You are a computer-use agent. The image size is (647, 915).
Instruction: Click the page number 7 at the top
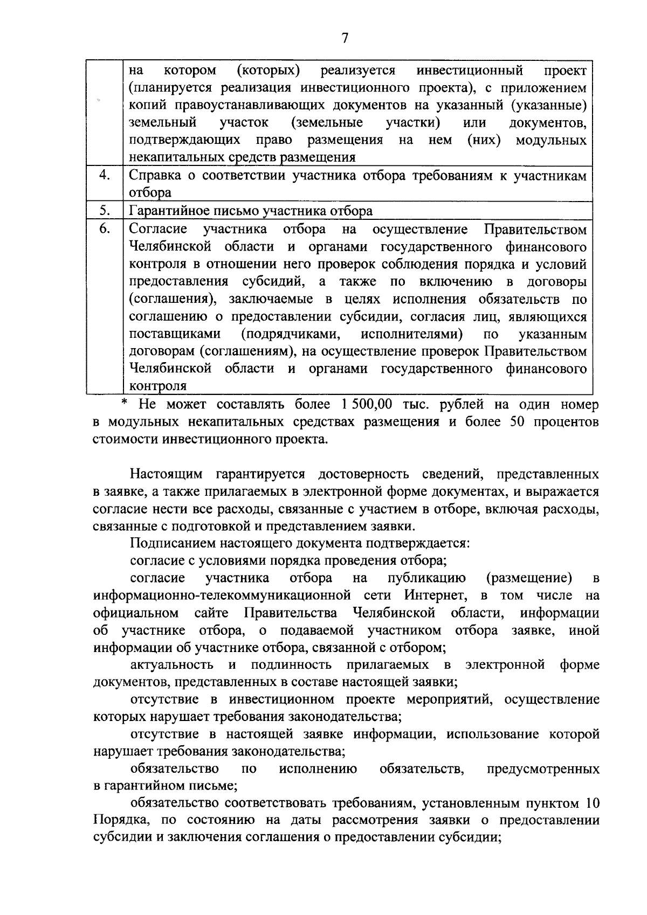click(x=345, y=38)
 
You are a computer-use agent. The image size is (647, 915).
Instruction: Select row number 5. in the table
click(x=106, y=210)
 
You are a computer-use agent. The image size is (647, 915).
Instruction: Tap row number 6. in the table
click(x=106, y=228)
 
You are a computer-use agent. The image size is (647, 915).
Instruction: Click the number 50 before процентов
click(x=517, y=421)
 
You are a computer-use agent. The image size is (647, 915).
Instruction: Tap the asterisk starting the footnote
click(x=125, y=403)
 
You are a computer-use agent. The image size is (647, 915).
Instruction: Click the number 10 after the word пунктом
click(x=591, y=803)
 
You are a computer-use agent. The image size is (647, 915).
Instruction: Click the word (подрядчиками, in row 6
click(x=291, y=334)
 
